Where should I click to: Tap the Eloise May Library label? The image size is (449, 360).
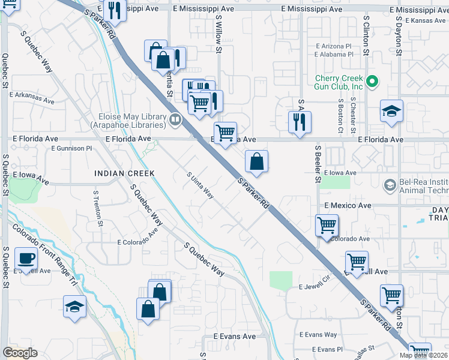point(128,121)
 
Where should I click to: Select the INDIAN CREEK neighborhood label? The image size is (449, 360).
point(124,173)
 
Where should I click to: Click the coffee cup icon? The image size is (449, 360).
point(25,259)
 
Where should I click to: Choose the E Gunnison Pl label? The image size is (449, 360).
point(71,148)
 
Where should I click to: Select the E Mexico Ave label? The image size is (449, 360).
point(348,205)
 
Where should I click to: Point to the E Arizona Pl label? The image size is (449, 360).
point(333,46)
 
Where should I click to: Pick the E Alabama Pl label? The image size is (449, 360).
point(333,54)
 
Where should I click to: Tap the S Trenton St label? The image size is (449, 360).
point(96,209)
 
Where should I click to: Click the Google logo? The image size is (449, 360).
point(20,353)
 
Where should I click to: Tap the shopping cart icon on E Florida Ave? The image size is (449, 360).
point(225,133)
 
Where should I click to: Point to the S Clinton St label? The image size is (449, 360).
point(366,36)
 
